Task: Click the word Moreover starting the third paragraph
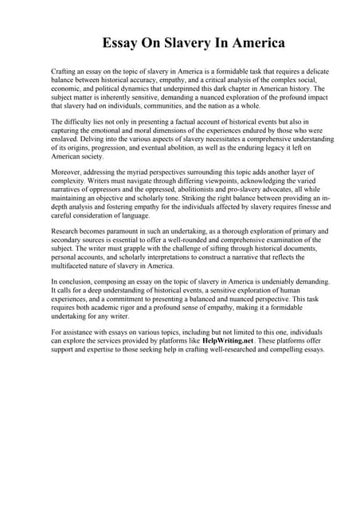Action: tap(68, 171)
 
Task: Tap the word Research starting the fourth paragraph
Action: tap(68, 230)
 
